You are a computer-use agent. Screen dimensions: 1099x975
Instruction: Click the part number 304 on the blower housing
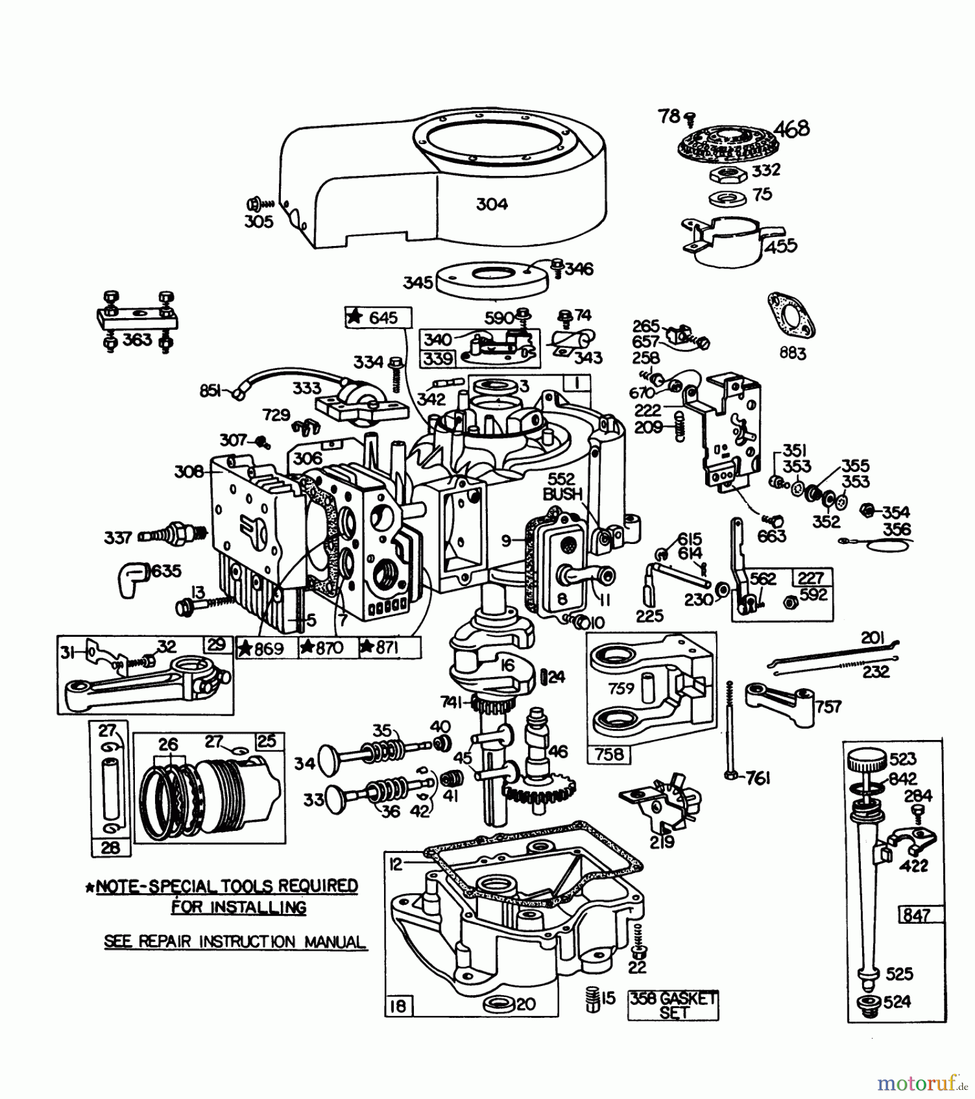pyautogui.click(x=491, y=204)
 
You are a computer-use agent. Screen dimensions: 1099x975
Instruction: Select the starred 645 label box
pyautogui.click(x=378, y=317)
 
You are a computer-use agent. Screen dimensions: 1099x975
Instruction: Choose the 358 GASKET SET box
pyautogui.click(x=673, y=1005)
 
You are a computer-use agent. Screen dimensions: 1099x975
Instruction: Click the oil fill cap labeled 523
pyautogui.click(x=866, y=763)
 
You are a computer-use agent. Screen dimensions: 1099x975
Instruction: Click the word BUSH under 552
pyautogui.click(x=562, y=494)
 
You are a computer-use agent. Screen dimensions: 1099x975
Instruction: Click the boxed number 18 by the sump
pyautogui.click(x=397, y=1006)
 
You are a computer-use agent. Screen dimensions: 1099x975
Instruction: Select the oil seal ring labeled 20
pyautogui.click(x=497, y=1004)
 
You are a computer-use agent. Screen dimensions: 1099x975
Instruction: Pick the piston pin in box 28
pyautogui.click(x=111, y=788)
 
